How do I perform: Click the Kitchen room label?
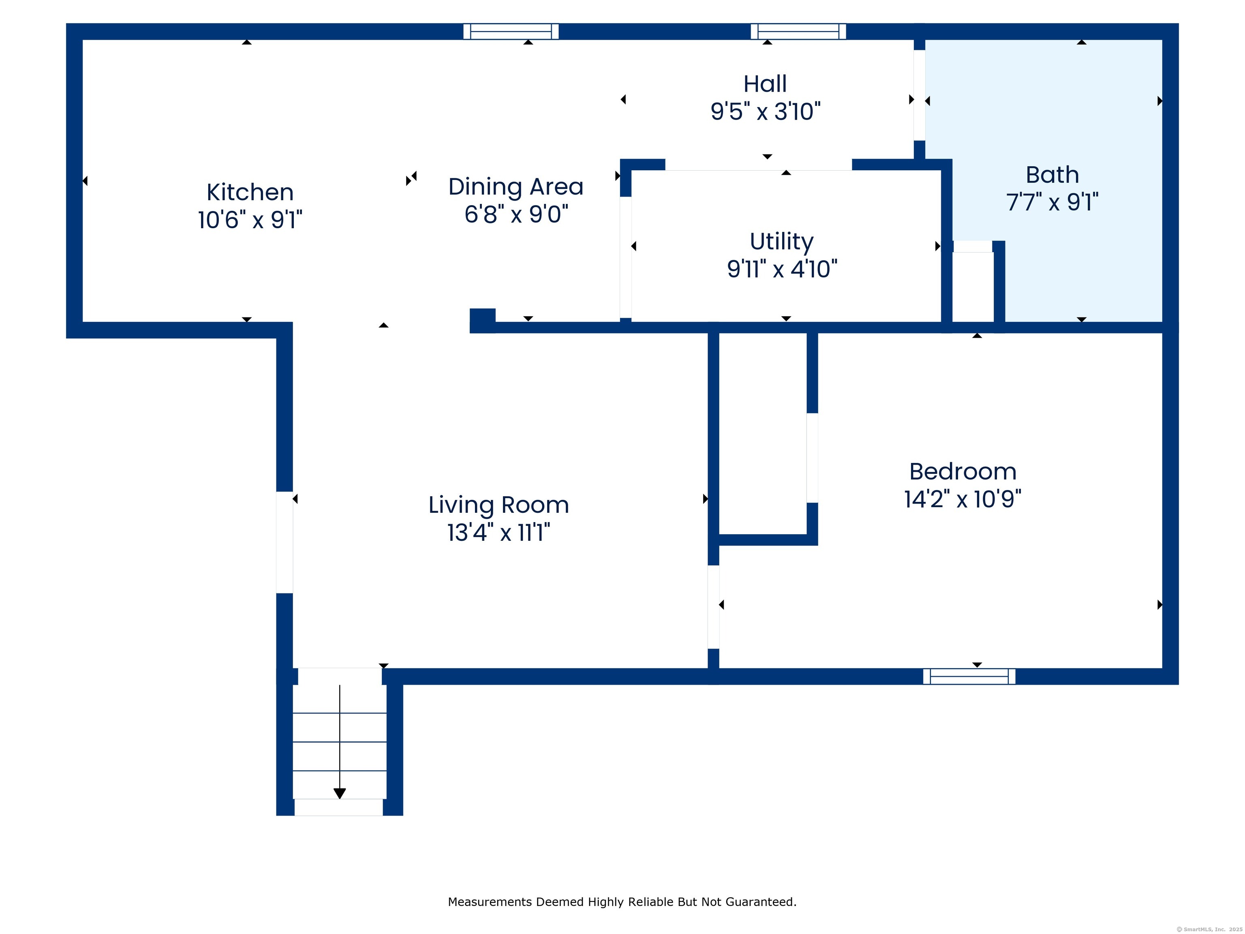point(250,193)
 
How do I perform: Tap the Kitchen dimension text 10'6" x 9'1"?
point(250,220)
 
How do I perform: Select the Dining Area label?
point(516,187)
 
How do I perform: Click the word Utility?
point(781,242)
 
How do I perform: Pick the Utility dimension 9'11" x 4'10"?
point(781,269)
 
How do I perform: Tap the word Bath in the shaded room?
point(1052,175)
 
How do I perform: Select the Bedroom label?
point(963,472)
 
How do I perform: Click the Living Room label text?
point(498,505)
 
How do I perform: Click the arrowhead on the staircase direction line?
point(339,793)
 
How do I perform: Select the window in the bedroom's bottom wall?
point(969,676)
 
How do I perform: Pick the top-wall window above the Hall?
point(798,32)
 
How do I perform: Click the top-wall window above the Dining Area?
point(511,32)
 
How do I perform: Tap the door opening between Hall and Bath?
point(919,95)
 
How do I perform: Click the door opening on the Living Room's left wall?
point(284,542)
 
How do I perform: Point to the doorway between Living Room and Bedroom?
point(713,607)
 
